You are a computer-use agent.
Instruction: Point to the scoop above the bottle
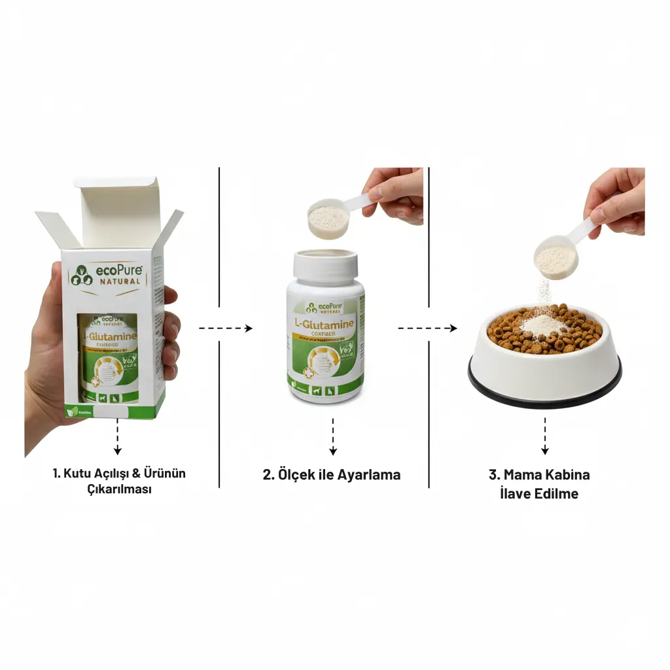click(326, 217)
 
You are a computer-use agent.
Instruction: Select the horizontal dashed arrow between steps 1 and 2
click(226, 328)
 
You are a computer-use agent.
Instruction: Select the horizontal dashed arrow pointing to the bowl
click(428, 328)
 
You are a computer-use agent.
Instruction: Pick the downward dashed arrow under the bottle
click(332, 436)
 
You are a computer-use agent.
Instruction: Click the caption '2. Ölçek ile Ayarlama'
click(331, 475)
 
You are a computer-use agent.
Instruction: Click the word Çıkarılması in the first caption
click(118, 489)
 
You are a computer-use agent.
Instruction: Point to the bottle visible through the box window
click(109, 357)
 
